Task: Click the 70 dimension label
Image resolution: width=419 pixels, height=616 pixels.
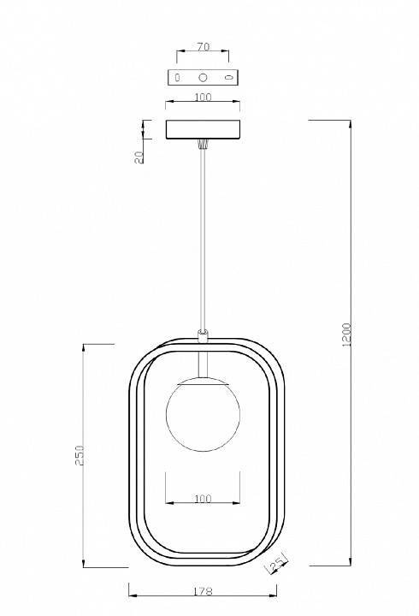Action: coord(203,47)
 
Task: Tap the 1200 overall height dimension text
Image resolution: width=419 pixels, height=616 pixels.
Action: coord(346,335)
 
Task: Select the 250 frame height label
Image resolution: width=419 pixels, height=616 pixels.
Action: coord(80,455)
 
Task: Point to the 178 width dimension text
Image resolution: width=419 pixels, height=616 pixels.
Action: coord(203,591)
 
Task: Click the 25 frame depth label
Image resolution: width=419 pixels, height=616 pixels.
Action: coord(277,565)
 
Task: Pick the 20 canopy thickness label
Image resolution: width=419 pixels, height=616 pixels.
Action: coord(139,157)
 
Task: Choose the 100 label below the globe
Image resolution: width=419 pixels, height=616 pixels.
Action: coord(203,499)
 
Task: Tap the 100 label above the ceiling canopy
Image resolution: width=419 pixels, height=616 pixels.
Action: coord(203,97)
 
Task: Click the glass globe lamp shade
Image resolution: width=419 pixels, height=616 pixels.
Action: coord(203,414)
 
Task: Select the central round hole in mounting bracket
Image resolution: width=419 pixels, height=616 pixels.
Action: coord(203,77)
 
